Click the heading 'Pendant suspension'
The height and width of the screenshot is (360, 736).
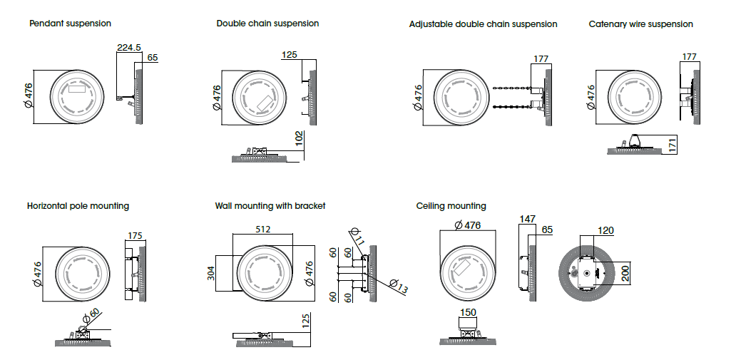tap(70, 24)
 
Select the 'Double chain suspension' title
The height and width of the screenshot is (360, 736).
tap(267, 24)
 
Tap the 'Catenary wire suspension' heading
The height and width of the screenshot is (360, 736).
tap(640, 24)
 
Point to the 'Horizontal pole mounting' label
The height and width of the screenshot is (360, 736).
tap(78, 206)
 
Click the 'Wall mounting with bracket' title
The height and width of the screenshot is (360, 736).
tap(270, 206)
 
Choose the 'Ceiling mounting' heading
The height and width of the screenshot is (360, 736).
tap(451, 206)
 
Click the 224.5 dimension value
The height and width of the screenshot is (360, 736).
tap(129, 48)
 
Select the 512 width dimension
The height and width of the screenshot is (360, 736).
tap(264, 230)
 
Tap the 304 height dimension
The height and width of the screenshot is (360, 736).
tap(212, 273)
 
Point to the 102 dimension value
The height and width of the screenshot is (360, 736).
tap(299, 139)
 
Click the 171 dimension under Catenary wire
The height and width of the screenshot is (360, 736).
tap(673, 146)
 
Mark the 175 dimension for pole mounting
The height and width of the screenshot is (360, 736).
tap(135, 236)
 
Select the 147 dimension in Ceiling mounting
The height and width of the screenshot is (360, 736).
tap(527, 219)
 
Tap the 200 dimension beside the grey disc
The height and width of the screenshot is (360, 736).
tap(625, 273)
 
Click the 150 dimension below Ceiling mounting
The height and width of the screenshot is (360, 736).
tap(467, 313)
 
